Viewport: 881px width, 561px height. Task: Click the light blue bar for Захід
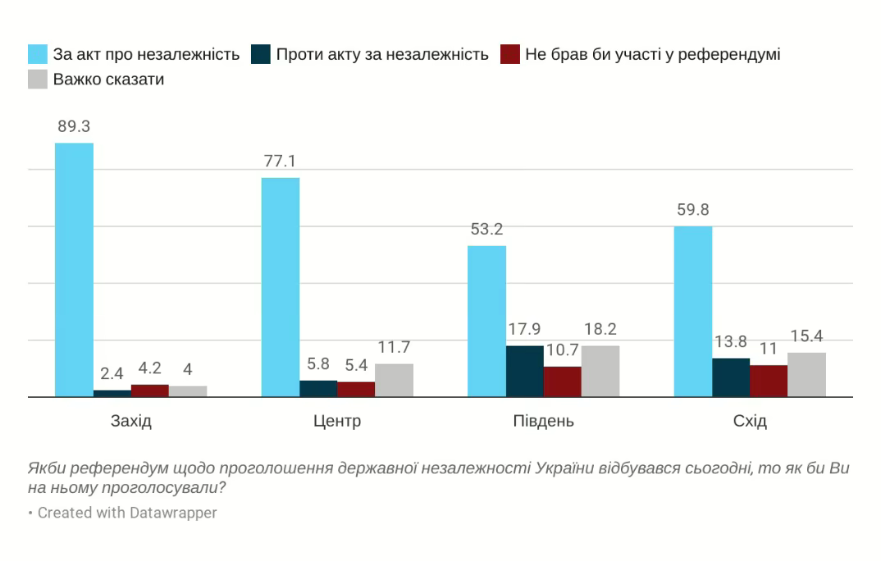pos(74,270)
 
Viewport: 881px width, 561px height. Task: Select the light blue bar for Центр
pos(280,287)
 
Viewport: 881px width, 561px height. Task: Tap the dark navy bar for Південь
pos(524,371)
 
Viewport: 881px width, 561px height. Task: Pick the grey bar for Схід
pos(806,375)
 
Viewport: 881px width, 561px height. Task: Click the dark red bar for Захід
pos(150,390)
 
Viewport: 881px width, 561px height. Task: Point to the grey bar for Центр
pos(394,380)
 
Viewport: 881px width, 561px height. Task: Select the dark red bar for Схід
pos(769,381)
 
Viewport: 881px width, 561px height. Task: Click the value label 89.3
pos(74,127)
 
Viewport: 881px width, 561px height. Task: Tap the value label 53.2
pos(486,230)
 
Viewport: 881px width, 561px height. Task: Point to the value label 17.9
pos(524,330)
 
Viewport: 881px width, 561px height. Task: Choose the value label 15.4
pos(806,336)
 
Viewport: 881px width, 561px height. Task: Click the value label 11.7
pos(394,347)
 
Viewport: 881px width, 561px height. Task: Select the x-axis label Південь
pos(543,422)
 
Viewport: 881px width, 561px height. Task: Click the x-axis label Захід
pos(131,422)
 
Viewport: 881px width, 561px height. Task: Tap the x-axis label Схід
pos(750,422)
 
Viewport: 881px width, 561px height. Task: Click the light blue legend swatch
pos(38,54)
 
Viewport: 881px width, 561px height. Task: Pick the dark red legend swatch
pos(510,54)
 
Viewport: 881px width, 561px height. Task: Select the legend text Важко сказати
pos(108,80)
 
